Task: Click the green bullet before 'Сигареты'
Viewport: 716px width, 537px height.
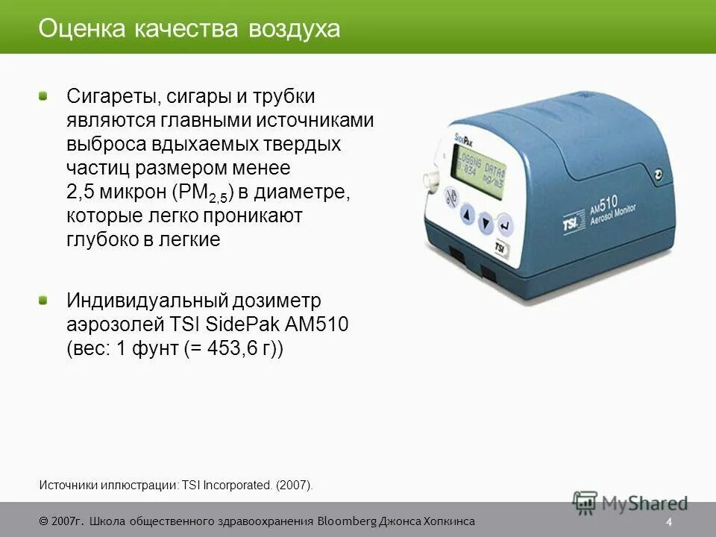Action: (44, 96)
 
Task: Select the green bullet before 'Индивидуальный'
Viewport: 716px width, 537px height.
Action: (44, 300)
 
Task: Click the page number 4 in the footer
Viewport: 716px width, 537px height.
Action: (670, 521)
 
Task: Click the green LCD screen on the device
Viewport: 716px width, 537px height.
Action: (478, 165)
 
